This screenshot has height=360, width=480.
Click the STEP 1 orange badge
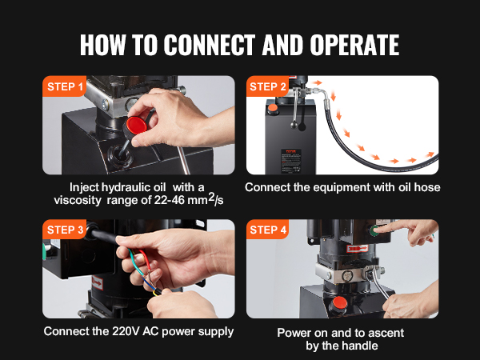(64, 86)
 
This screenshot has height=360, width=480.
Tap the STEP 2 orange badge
(267, 86)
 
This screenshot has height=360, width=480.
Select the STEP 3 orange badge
(64, 230)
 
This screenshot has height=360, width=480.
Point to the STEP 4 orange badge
(267, 230)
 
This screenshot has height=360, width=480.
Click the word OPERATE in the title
(354, 45)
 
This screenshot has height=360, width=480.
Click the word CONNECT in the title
(210, 45)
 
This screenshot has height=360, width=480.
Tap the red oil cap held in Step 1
(136, 126)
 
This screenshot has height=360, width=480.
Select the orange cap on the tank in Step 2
(273, 108)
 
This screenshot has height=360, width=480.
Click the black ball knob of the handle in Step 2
(294, 125)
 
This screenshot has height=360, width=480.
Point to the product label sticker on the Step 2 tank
(291, 161)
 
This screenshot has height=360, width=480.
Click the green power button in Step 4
(374, 231)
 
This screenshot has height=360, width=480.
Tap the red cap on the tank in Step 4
(339, 302)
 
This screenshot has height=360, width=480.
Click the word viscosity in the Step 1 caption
(77, 201)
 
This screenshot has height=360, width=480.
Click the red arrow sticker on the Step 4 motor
(358, 248)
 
